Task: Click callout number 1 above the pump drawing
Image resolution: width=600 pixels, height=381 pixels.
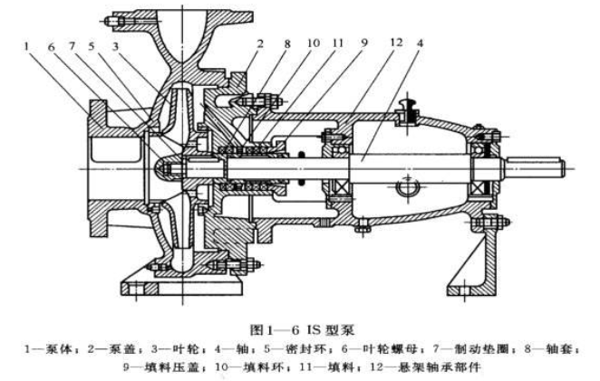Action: coord(29,44)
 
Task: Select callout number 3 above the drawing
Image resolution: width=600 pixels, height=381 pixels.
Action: coord(116,44)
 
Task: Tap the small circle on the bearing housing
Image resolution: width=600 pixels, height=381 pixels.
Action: coord(405,191)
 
